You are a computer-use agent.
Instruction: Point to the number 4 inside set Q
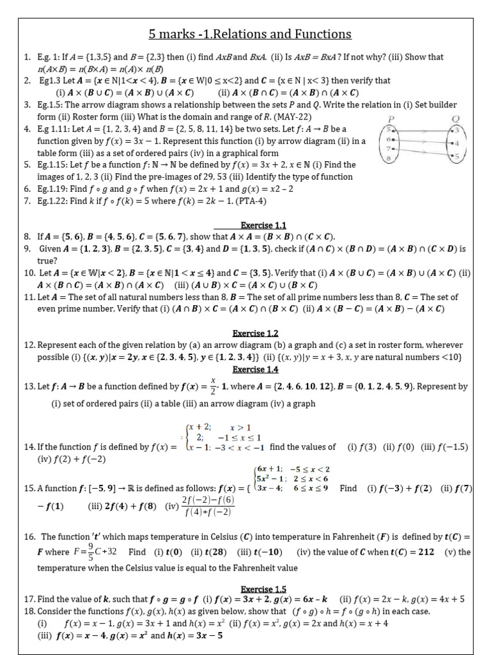[x=455, y=143]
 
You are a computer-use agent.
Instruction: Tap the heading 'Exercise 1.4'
[x=255, y=370]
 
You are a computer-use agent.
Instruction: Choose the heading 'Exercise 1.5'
[x=263, y=588]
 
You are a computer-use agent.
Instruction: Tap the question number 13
[x=30, y=387]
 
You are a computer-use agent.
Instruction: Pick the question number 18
[x=30, y=611]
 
